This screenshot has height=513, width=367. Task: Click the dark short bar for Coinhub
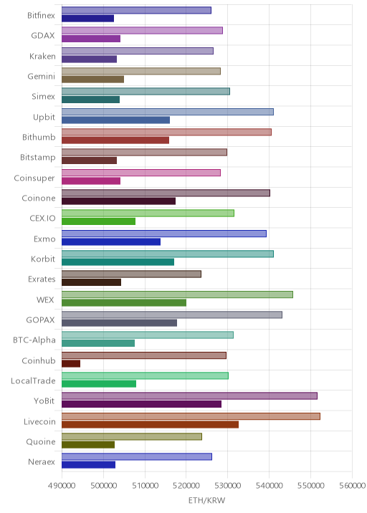click(x=71, y=363)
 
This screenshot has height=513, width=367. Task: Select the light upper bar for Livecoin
click(x=191, y=416)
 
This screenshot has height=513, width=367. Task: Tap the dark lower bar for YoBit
click(x=141, y=404)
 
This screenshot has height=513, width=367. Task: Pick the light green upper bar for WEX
click(x=178, y=294)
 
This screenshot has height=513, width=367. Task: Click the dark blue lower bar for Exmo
click(x=111, y=241)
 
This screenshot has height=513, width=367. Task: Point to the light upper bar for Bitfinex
click(x=136, y=11)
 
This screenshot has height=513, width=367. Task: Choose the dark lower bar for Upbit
click(x=116, y=120)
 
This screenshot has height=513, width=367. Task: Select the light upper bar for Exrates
click(x=132, y=274)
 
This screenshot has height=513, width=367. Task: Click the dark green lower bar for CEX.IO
click(x=98, y=221)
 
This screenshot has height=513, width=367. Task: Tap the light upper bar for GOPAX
click(x=172, y=315)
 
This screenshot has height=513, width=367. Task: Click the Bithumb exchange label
click(x=39, y=137)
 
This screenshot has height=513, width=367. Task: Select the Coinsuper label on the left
click(x=34, y=178)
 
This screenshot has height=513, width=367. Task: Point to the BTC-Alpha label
click(x=34, y=340)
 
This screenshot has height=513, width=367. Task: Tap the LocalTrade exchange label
click(x=33, y=381)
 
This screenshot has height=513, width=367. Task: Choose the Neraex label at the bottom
click(x=42, y=462)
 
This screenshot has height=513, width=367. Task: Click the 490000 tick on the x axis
click(x=62, y=485)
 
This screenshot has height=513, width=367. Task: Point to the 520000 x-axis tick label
click(x=186, y=485)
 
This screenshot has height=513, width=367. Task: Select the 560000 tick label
click(x=352, y=485)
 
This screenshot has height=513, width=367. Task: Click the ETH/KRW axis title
click(x=206, y=500)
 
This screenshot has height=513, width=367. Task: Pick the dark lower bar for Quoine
click(x=88, y=445)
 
